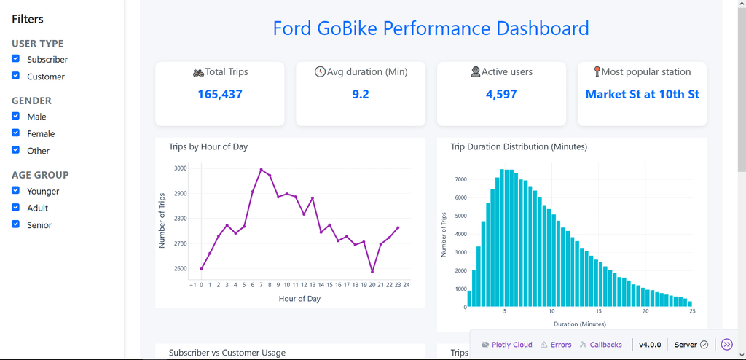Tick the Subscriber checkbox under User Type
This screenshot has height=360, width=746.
(16, 59)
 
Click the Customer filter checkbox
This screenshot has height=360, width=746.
(16, 76)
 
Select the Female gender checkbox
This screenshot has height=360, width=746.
(16, 133)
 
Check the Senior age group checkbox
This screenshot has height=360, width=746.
(16, 224)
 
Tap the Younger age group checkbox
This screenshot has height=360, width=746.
(16, 191)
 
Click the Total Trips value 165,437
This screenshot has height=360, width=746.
(220, 94)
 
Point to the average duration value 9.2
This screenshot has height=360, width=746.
(361, 94)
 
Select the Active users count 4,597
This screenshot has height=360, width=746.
(501, 94)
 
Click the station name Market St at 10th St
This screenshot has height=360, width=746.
(642, 94)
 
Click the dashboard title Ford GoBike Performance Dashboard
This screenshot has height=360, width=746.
(431, 28)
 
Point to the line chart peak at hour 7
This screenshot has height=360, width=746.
(261, 170)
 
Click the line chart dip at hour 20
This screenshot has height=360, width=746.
(372, 272)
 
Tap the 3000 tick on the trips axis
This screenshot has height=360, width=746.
(180, 168)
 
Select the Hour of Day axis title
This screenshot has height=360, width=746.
(299, 299)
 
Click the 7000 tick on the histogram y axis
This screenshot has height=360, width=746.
(460, 179)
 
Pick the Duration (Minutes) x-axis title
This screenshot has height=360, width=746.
(579, 324)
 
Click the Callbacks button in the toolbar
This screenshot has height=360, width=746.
(601, 345)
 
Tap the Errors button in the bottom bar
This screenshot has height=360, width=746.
(556, 345)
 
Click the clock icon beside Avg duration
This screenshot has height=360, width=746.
(320, 72)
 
